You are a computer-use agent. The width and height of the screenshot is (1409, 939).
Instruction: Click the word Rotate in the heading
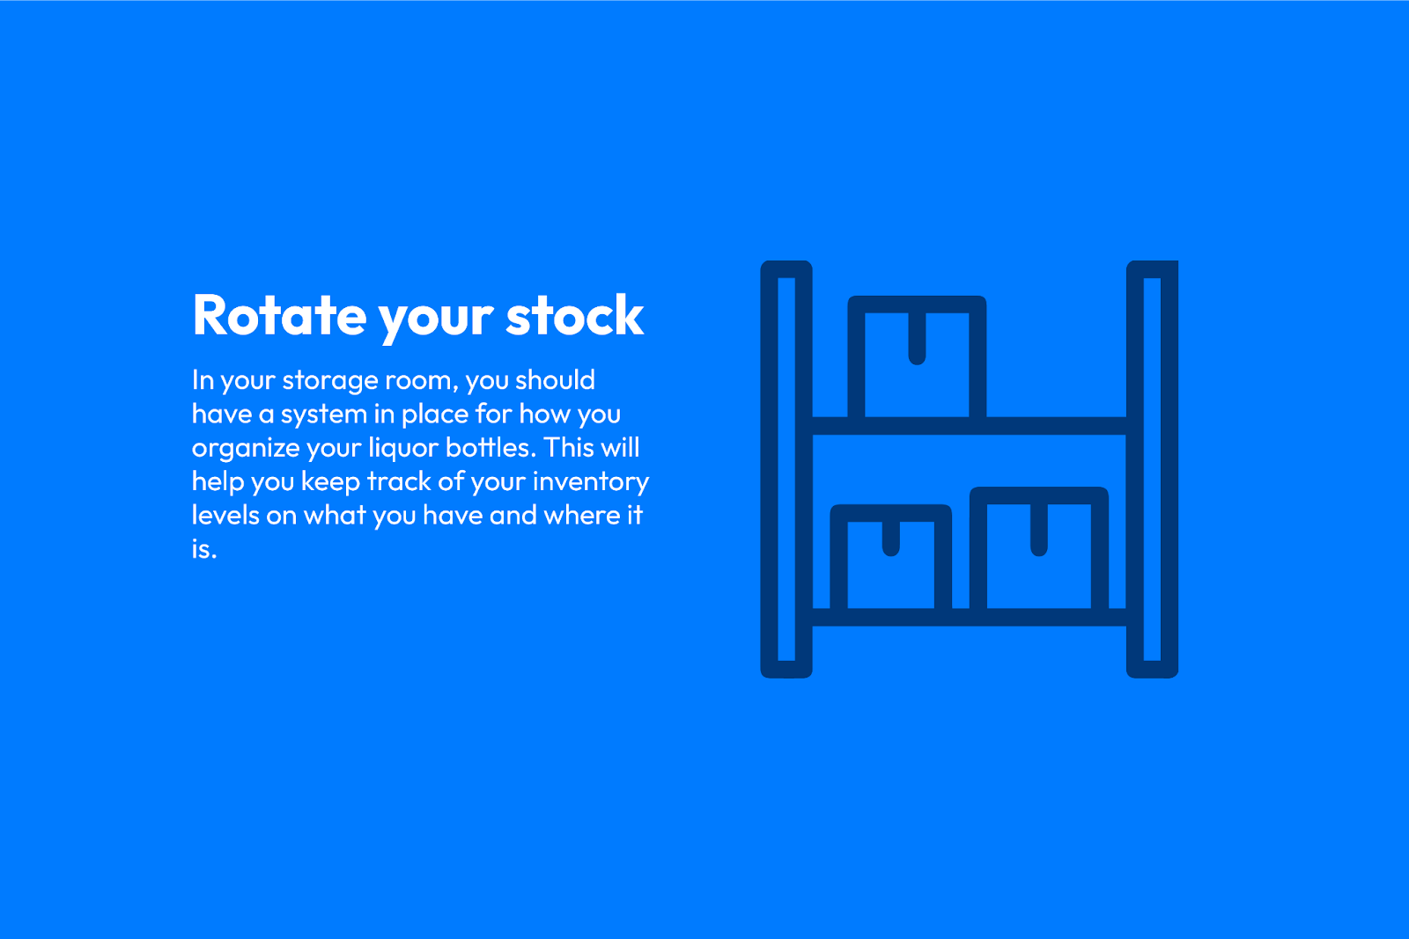coord(279,316)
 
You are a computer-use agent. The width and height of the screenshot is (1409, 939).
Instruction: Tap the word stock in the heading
coord(575,315)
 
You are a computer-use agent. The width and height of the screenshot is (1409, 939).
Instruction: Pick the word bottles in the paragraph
coord(491,448)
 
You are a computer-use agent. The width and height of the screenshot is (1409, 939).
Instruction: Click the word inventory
coord(591,482)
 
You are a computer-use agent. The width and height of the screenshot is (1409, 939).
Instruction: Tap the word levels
coord(225,516)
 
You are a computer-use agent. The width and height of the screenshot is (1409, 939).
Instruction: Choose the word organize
coord(246,450)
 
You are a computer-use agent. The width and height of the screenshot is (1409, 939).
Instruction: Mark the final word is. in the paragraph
coord(204,549)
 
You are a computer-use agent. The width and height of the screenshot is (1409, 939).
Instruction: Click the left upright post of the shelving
coord(786,469)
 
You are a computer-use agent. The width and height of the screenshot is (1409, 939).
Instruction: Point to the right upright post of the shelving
coord(1152,469)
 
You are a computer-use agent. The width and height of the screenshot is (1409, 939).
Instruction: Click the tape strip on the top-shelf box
coord(917,338)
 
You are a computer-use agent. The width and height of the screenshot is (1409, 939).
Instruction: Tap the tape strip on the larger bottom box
coord(1038,529)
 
